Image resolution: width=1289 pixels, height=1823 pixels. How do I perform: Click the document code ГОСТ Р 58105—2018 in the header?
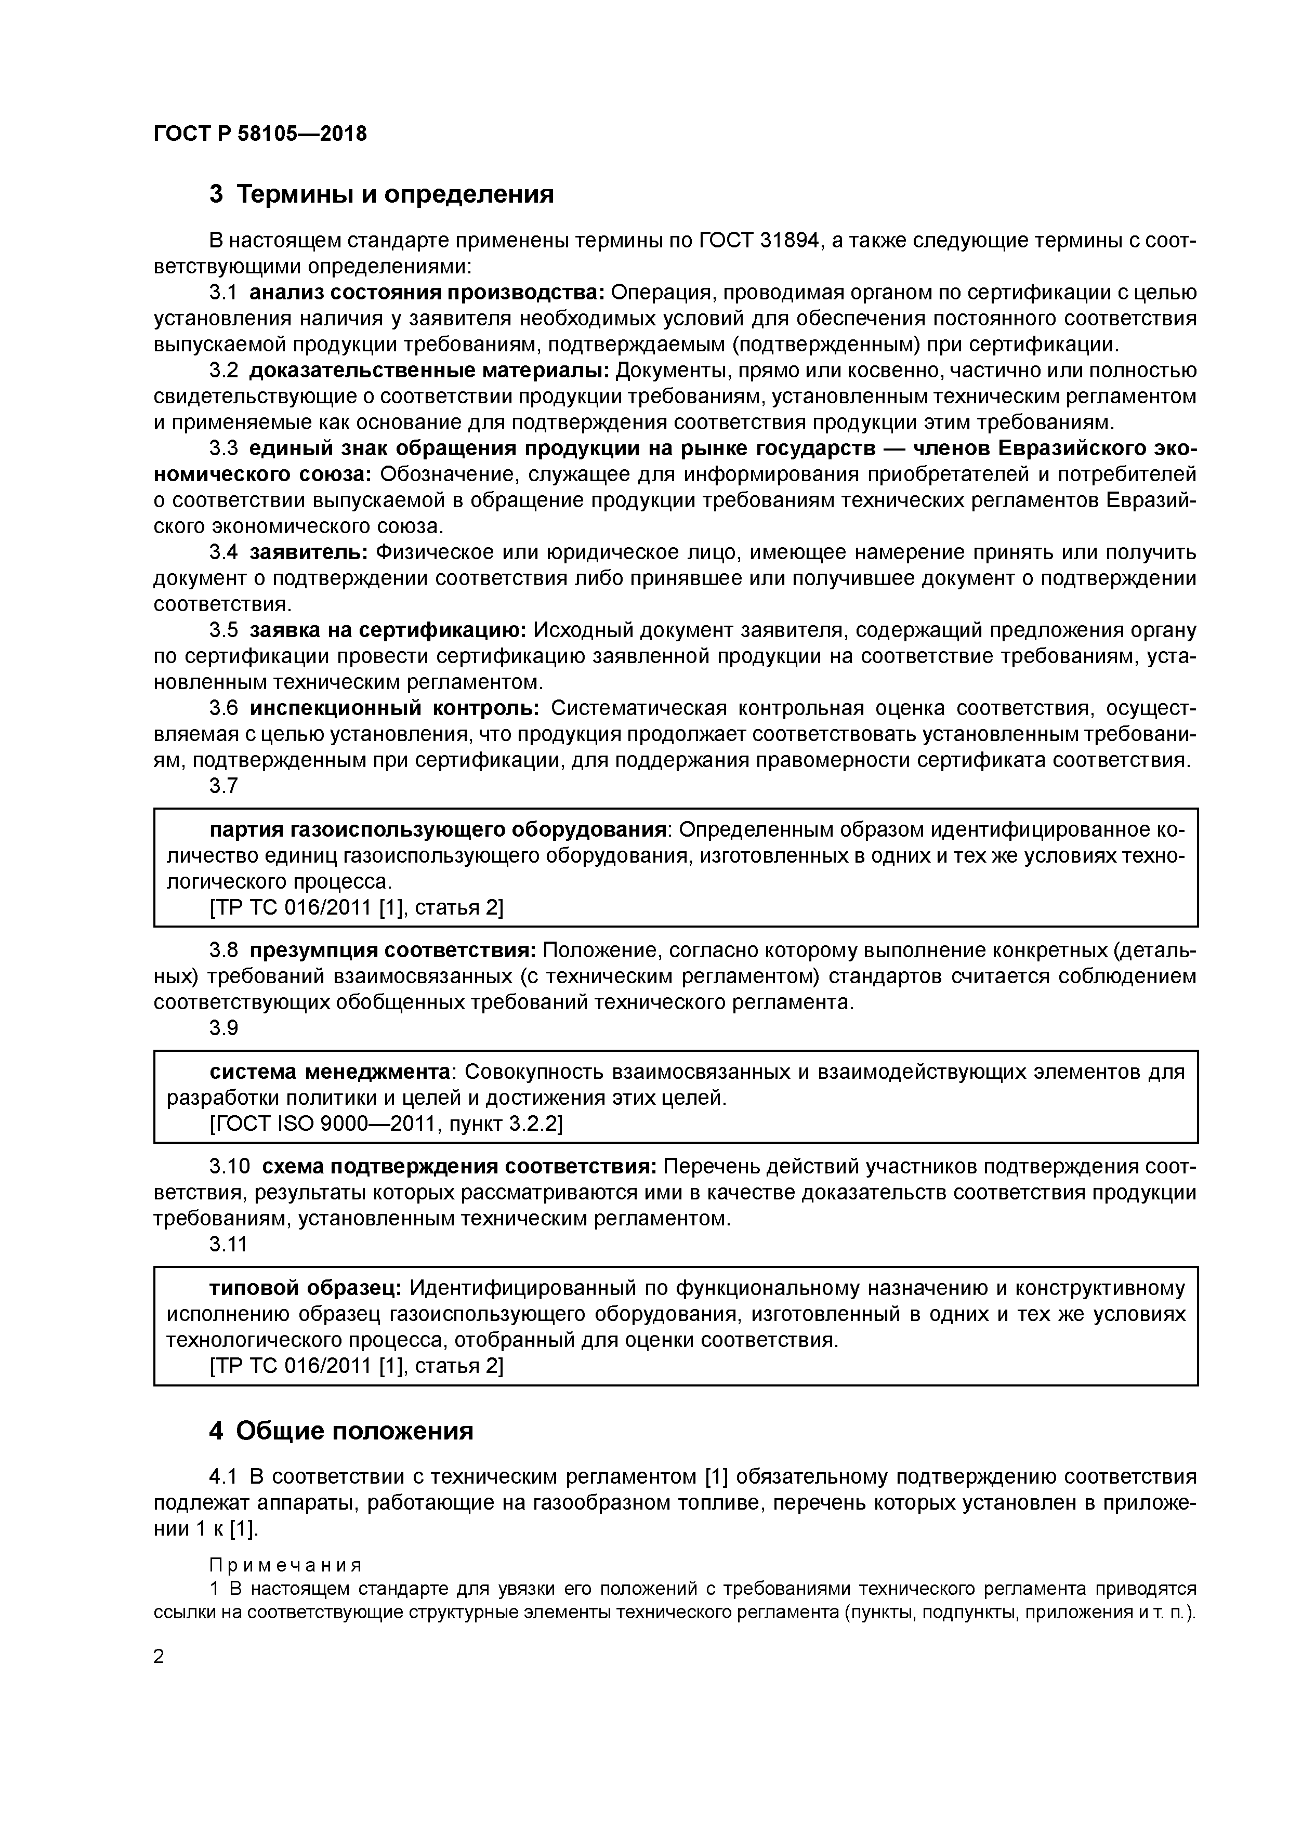pos(260,134)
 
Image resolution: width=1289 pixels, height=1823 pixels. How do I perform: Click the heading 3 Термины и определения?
pos(381,194)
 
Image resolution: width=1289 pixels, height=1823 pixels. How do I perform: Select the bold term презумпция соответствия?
pos(393,950)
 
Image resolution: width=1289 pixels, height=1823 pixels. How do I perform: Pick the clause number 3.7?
pos(223,785)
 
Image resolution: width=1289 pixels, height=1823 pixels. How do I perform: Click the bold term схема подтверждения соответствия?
pos(459,1166)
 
